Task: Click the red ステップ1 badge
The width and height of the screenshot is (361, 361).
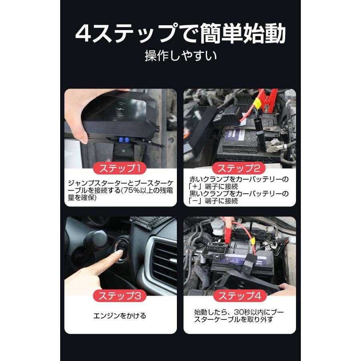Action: (x=120, y=167)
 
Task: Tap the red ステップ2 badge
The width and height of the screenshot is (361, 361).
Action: (x=240, y=167)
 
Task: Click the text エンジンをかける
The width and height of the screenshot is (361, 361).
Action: (x=120, y=316)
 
